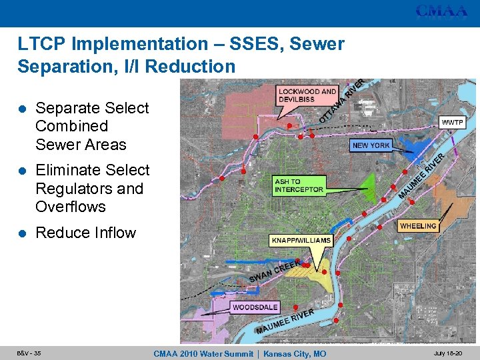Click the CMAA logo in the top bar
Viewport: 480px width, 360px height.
point(441,11)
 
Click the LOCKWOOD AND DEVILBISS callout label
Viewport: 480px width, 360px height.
point(307,95)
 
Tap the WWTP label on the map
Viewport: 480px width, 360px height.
point(451,123)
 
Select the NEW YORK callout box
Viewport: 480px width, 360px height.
point(371,145)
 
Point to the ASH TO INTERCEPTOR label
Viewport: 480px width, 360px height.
point(299,185)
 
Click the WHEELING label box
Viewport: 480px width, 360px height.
point(418,226)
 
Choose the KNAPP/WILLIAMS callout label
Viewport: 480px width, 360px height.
point(301,240)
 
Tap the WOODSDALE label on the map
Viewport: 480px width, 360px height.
point(255,307)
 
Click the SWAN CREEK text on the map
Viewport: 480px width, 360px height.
point(272,270)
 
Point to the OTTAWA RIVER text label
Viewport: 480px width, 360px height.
point(341,101)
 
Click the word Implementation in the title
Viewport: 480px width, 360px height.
point(129,45)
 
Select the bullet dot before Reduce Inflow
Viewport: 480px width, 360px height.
point(23,233)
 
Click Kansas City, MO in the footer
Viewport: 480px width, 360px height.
point(295,353)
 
